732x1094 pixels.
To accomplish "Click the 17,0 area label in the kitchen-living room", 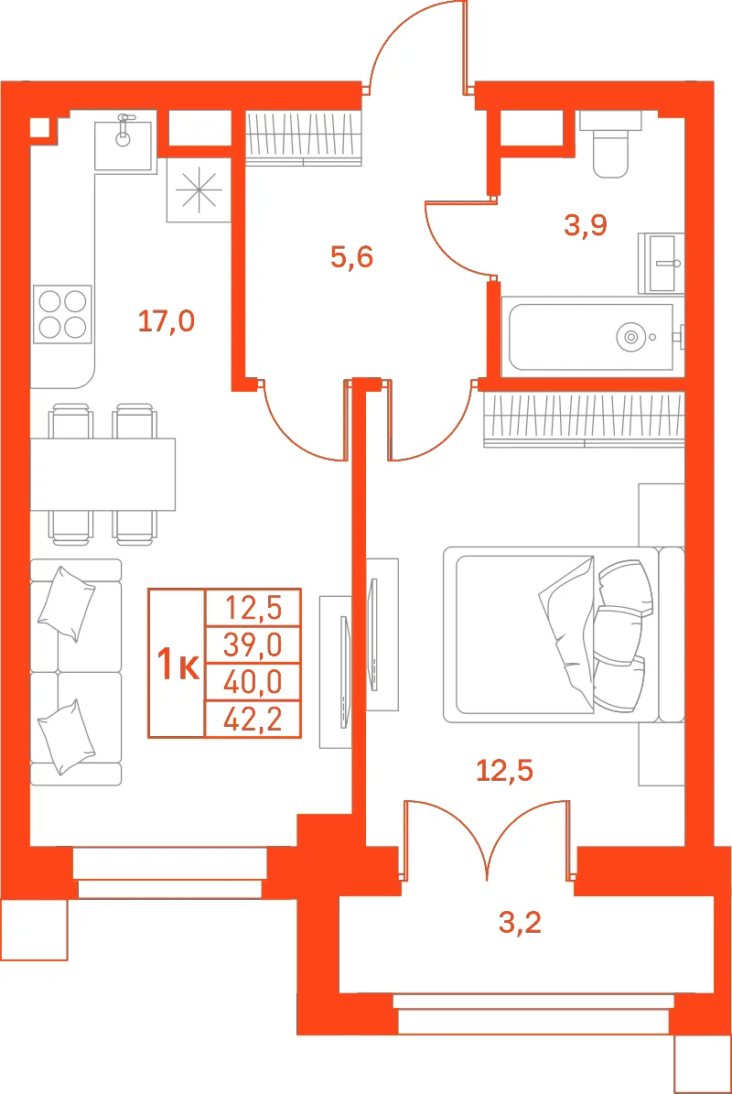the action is coord(166,321).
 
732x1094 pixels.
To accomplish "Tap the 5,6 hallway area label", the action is coord(352,256).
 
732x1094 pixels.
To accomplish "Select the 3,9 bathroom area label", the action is coord(586,224).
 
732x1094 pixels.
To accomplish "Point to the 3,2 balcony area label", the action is coord(520,923).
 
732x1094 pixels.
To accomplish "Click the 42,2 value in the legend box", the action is coord(253,720).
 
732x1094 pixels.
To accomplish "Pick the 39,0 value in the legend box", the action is coord(253,645).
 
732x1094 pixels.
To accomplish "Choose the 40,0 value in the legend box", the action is coord(253,682).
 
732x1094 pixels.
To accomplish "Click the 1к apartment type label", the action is coord(178,664).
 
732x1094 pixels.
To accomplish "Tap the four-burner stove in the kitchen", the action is coord(62,314).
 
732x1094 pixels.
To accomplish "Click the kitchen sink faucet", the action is coord(124,128).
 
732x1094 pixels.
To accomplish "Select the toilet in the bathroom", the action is coord(610,145).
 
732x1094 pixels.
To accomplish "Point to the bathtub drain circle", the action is coord(631,337).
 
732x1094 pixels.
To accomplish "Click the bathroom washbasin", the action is coord(662,263).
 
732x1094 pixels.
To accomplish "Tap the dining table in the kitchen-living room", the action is coord(102,474).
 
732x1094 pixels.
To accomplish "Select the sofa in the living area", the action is coord(76,672).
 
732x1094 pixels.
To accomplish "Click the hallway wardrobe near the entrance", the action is coord(303,137).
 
